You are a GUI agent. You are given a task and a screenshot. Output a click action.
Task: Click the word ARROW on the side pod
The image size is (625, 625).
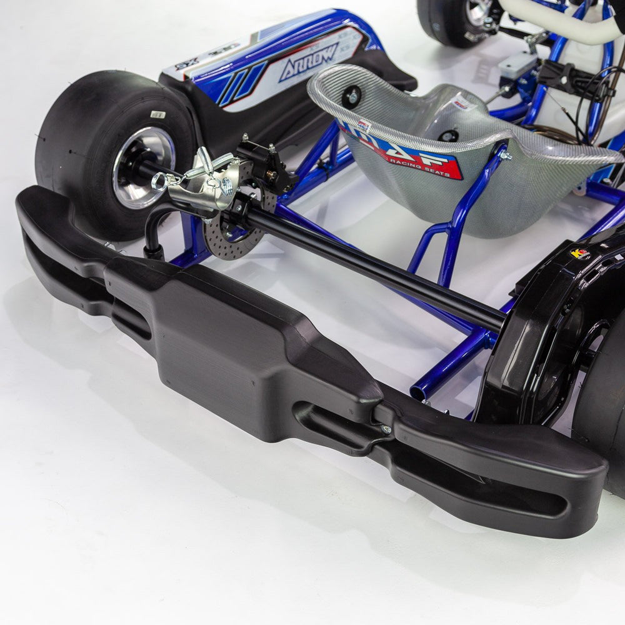click(x=309, y=61)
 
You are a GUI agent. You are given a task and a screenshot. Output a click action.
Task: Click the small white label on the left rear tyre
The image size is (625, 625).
click(x=159, y=114)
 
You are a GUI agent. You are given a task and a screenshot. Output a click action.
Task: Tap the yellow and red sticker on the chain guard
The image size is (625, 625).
click(x=580, y=253)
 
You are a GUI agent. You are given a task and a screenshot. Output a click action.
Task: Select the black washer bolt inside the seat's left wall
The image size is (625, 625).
click(x=351, y=96)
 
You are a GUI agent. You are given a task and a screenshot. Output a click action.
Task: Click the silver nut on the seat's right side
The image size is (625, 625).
click(x=504, y=154)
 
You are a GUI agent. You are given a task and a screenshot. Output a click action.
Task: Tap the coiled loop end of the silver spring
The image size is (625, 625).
click(x=159, y=182)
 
